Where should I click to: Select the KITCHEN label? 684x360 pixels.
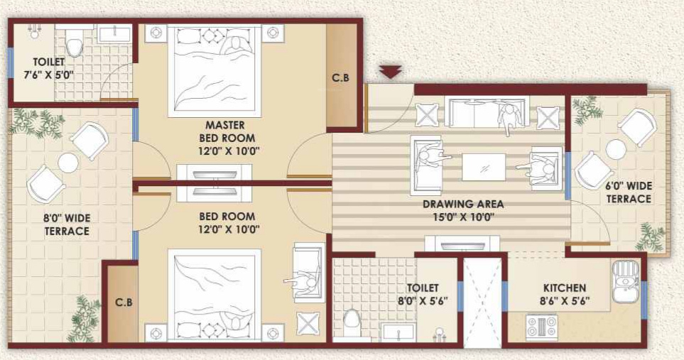coord(565,288)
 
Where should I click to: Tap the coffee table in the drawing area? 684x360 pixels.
coord(484,168)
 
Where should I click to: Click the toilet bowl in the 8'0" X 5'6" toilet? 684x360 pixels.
coord(353,323)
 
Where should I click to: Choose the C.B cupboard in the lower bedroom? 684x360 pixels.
coord(123,302)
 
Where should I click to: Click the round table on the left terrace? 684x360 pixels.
coord(68,163)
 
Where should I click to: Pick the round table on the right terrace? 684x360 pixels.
coord(616,148)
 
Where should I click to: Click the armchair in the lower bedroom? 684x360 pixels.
coord(305,273)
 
